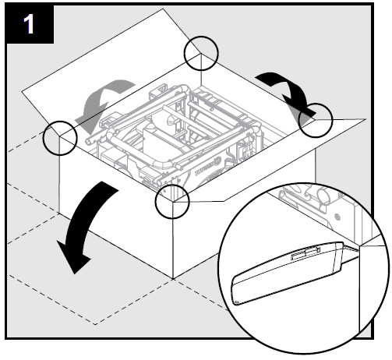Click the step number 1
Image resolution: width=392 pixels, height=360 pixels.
coord(29,24)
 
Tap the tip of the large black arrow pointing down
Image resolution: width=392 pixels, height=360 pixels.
coord(75,274)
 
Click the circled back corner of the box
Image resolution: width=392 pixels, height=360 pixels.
coord(201,53)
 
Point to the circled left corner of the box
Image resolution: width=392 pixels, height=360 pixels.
coord(60,138)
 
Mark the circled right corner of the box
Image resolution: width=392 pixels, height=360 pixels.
coord(316,120)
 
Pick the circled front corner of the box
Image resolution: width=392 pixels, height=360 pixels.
coord(172,201)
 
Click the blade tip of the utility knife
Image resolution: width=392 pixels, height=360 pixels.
coord(359,247)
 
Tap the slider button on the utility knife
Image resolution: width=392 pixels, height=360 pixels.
coord(305,252)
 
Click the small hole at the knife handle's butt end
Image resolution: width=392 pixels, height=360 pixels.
coord(237,302)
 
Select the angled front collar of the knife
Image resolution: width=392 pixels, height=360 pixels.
coord(338,258)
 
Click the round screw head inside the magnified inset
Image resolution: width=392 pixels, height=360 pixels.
coord(337,216)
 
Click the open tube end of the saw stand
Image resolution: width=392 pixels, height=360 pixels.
coord(88,140)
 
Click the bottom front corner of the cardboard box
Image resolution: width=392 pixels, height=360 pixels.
coord(173,279)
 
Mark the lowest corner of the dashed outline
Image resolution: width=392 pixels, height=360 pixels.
coord(95,324)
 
